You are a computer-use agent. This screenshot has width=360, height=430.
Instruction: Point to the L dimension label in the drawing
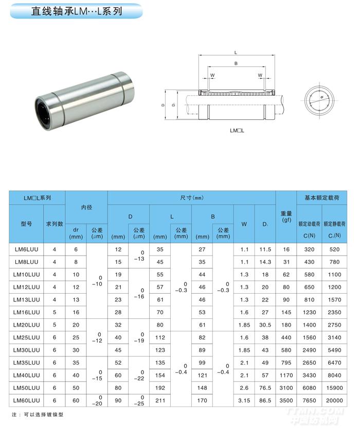click(x=235, y=52)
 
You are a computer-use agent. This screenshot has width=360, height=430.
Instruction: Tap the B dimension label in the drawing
click(x=235, y=64)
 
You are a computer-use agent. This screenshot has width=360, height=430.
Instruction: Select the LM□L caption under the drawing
click(x=237, y=130)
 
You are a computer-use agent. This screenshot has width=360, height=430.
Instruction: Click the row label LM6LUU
click(x=26, y=249)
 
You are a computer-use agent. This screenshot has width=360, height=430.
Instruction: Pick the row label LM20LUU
click(x=26, y=325)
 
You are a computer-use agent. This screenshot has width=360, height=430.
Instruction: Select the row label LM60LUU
click(x=26, y=400)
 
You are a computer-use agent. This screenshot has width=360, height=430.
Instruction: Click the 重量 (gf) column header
click(x=286, y=217)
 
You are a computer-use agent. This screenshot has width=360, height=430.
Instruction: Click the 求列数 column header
click(x=55, y=224)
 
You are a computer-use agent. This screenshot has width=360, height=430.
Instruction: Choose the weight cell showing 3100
click(x=286, y=387)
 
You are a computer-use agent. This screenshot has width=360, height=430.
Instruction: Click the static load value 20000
click(x=335, y=400)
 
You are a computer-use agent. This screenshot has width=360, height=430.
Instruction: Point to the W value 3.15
click(x=244, y=400)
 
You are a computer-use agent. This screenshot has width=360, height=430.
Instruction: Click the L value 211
click(x=160, y=400)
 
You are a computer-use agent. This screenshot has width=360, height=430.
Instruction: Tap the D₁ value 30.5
click(x=265, y=325)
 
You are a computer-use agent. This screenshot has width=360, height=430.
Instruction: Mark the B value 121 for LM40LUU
click(x=202, y=375)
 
